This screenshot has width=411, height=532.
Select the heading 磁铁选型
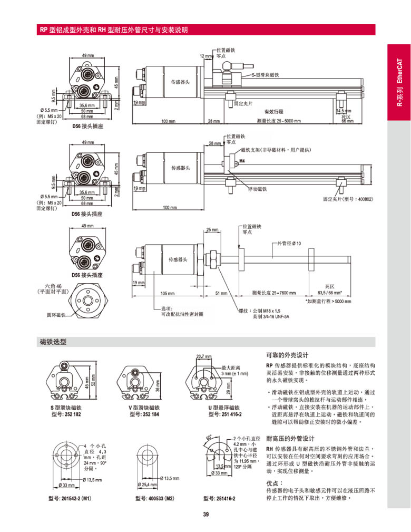click(53, 342)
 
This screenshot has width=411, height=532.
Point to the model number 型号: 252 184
click(142, 414)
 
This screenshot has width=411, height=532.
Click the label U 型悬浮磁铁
click(223, 408)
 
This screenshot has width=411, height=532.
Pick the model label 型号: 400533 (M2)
click(155, 498)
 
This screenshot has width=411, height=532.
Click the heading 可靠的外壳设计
click(287, 354)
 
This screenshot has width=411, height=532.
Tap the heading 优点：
click(275, 482)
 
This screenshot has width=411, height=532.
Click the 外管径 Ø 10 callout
click(289, 244)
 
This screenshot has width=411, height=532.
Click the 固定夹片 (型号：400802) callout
click(347, 199)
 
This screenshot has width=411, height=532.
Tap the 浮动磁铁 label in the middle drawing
click(257, 189)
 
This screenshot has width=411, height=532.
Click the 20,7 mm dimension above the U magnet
click(203, 356)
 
